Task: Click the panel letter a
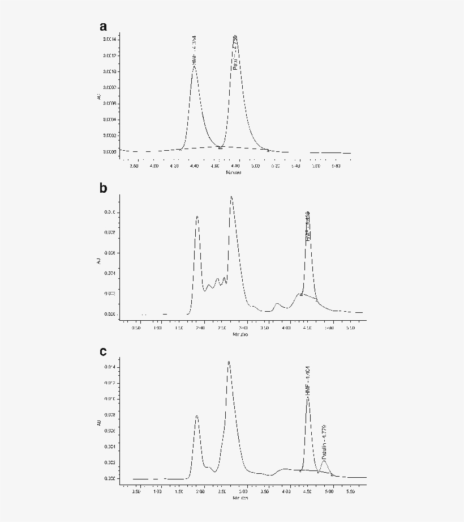[103, 27]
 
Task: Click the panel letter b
[103, 188]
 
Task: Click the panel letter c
[103, 351]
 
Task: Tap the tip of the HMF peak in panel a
[194, 66]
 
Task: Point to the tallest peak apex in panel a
[235, 37]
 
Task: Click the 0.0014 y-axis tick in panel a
[109, 39]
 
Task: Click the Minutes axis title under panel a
[233, 172]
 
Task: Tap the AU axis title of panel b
[98, 260]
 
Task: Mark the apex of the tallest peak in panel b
[231, 197]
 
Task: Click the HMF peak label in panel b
[308, 227]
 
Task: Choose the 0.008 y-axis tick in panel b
[110, 232]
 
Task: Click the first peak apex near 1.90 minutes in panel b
[197, 217]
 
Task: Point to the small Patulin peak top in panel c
[324, 460]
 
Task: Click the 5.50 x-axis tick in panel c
[350, 492]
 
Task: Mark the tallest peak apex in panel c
[229, 362]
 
